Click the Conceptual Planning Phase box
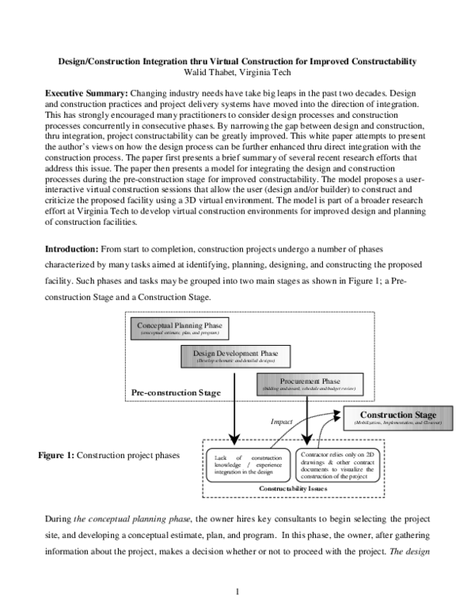[180, 329]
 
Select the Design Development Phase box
[237, 356]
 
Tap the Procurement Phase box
[309, 384]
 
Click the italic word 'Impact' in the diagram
[282, 422]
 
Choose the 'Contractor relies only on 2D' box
[329, 464]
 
